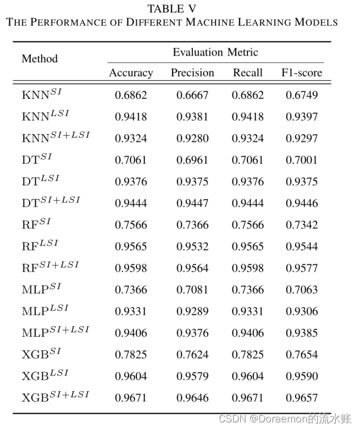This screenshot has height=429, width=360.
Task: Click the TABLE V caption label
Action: pyautogui.click(x=171, y=9)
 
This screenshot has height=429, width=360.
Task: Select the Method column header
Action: pyautogui.click(x=40, y=58)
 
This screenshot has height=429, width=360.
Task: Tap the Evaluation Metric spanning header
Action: pyautogui.click(x=215, y=53)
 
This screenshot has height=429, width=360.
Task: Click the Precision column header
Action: pyautogui.click(x=192, y=73)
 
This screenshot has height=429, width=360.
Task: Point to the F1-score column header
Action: pyautogui.click(x=302, y=73)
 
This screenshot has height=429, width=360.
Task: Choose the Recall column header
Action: pyautogui.click(x=248, y=73)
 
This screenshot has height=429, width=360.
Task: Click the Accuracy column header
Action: pyautogui.click(x=131, y=73)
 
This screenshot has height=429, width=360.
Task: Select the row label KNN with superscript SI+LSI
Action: pyautogui.click(x=56, y=137)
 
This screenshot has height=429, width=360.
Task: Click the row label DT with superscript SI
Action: pyautogui.click(x=37, y=159)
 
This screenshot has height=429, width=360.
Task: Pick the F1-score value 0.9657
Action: pyautogui.click(x=302, y=398)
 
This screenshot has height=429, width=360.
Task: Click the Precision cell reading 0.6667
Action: pyautogui.click(x=192, y=95)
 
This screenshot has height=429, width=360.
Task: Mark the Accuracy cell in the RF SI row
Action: pyautogui.click(x=131, y=225)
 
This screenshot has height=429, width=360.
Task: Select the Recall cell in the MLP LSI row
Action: pyautogui.click(x=248, y=311)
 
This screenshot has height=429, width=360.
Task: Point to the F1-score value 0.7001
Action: pyautogui.click(x=302, y=160)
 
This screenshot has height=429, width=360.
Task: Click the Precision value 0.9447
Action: pyautogui.click(x=192, y=204)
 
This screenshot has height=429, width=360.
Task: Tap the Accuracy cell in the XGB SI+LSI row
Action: pyautogui.click(x=131, y=398)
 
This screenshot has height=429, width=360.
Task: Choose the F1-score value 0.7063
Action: pyautogui.click(x=302, y=290)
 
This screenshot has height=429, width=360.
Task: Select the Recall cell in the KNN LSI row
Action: pyautogui.click(x=248, y=117)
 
